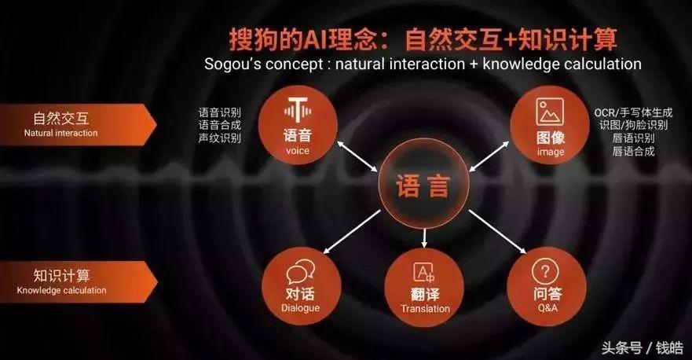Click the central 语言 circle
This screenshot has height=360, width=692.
coord(423,185)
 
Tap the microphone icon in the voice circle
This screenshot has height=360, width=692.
coord(298,110)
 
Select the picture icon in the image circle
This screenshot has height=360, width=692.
coord(550,112)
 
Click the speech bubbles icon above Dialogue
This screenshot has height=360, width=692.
coord(300,271)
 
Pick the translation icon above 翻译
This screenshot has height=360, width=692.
coord(423,272)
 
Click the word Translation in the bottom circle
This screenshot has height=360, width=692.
coord(425,309)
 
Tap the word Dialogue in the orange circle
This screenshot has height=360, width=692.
coord(301,308)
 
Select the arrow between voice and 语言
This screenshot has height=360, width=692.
coord(357,156)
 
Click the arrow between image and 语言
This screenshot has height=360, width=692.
coord(489,156)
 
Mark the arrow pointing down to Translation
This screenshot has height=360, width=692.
coord(424,238)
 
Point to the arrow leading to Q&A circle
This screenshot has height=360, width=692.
coord(497,231)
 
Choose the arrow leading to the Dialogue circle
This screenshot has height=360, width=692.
coord(352,231)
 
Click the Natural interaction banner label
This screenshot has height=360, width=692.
coord(61,133)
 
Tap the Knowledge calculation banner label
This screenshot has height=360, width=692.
coord(62,290)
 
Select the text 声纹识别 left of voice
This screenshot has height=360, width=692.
coord(219,138)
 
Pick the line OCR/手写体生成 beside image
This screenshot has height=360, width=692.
coord(633,112)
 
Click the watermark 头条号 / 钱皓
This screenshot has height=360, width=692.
coord(643,348)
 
